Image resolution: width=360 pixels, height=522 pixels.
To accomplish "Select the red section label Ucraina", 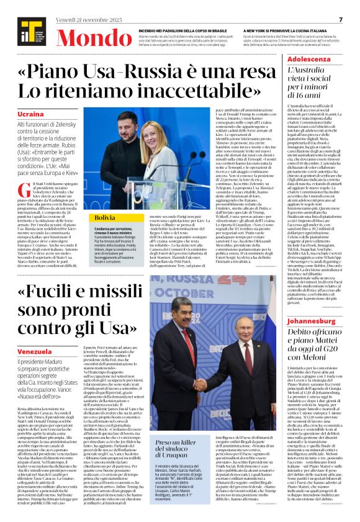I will coord(31,115).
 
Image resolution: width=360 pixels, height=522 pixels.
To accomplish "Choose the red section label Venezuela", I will coord(34,352).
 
